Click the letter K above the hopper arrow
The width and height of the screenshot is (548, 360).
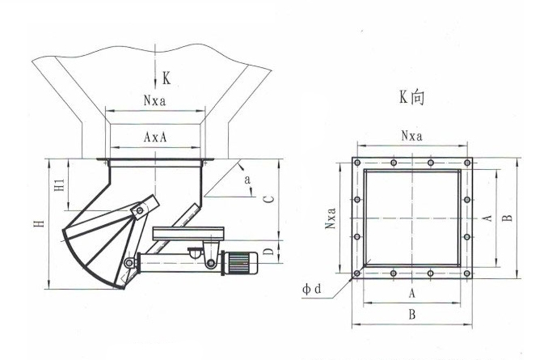click(x=166, y=78)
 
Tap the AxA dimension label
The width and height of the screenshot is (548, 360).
click(x=156, y=138)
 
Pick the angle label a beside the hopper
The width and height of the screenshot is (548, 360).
click(x=247, y=180)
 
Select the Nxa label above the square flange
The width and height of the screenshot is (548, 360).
click(x=412, y=135)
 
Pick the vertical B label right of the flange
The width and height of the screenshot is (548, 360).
click(x=506, y=218)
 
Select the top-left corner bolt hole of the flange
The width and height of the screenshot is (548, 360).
click(x=356, y=163)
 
